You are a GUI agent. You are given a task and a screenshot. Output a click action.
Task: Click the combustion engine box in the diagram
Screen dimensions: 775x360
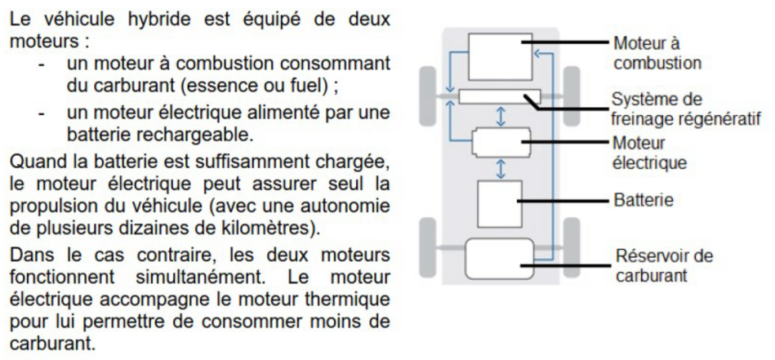coord(500,57)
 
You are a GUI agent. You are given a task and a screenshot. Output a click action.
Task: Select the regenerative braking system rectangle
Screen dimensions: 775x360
coord(500,97)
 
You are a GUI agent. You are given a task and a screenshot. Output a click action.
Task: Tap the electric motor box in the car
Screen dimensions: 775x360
coord(501,143)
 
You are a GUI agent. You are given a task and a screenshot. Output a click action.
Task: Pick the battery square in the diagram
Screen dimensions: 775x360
coord(500,204)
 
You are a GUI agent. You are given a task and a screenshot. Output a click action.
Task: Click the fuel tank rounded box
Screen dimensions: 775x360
coord(500,258)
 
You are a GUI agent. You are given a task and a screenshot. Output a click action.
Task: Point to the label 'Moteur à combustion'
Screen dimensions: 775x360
coord(657,53)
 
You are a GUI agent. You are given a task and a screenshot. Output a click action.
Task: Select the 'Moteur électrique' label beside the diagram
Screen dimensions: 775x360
coord(649,153)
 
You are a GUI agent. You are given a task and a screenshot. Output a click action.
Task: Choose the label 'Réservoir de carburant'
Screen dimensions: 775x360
coord(664,265)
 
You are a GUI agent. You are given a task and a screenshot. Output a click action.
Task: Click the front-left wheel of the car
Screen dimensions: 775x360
coord(428,96)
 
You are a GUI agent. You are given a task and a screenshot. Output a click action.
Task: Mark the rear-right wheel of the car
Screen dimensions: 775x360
coord(572,247)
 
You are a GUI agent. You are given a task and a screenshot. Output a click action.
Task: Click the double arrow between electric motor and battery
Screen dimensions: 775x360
coord(501,169)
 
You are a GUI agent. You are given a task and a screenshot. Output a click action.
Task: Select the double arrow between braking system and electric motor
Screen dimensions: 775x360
coord(501,116)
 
